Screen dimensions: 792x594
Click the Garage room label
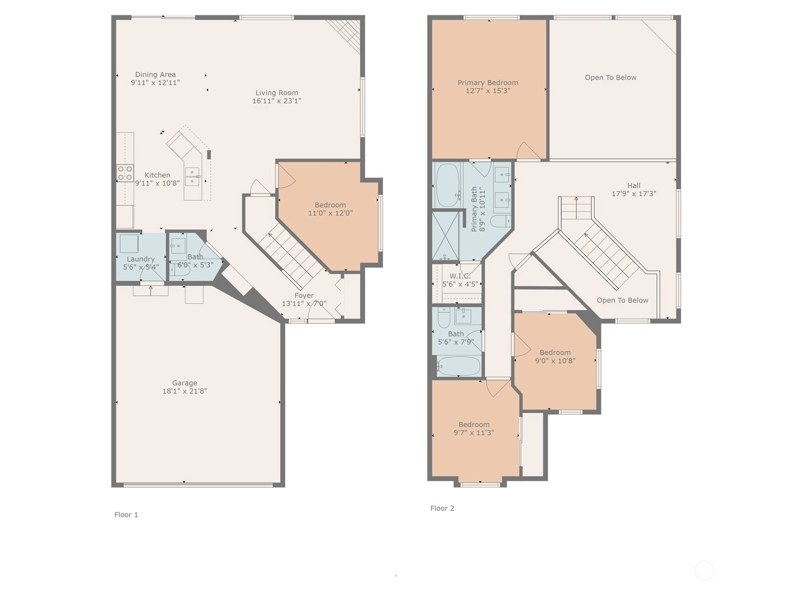click(x=184, y=383)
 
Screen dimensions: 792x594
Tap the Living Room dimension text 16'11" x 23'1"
click(x=276, y=101)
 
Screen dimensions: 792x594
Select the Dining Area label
click(x=155, y=75)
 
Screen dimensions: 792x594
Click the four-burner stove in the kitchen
click(x=125, y=173)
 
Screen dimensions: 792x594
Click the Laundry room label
click(x=141, y=259)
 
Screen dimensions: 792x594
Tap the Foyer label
click(x=304, y=296)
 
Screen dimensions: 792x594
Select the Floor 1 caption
click(x=126, y=515)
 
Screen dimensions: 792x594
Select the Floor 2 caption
click(x=442, y=508)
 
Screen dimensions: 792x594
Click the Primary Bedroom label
click(x=488, y=83)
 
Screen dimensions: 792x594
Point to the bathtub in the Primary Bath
click(x=447, y=185)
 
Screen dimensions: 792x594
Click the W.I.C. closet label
click(x=460, y=276)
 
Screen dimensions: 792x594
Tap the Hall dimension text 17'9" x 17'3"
click(x=634, y=194)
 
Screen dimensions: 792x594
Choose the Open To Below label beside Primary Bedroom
click(x=610, y=78)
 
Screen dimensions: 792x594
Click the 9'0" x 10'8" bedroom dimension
click(x=555, y=361)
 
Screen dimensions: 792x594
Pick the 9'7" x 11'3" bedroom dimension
click(x=474, y=433)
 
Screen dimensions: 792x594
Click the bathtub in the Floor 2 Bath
click(x=458, y=366)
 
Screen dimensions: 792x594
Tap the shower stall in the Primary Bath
click(x=445, y=236)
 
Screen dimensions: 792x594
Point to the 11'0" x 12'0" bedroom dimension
click(x=330, y=213)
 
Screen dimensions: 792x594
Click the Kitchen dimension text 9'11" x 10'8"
click(x=157, y=183)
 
